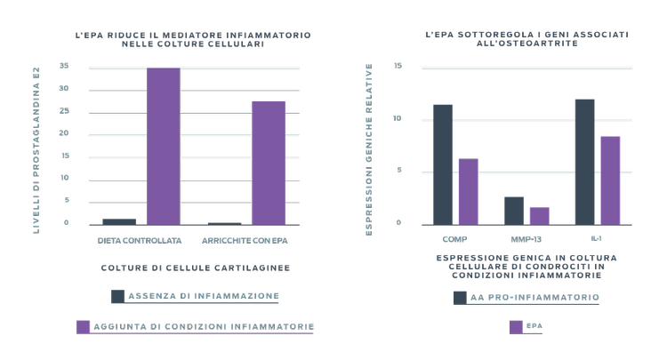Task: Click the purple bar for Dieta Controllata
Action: [163, 145]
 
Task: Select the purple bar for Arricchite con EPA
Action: [269, 162]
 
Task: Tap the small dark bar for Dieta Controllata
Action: [119, 220]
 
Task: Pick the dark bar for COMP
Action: [443, 164]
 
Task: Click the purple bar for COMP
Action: [468, 191]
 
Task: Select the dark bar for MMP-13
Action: [514, 210]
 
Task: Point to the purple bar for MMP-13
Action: [539, 215]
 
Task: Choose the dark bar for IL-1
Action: [585, 161]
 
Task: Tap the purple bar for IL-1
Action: [610, 180]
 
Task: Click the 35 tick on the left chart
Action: [63, 67]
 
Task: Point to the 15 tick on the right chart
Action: [398, 67]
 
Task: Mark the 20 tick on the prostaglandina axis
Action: [63, 133]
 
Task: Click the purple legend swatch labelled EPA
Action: [516, 327]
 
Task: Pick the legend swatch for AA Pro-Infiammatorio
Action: [461, 298]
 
